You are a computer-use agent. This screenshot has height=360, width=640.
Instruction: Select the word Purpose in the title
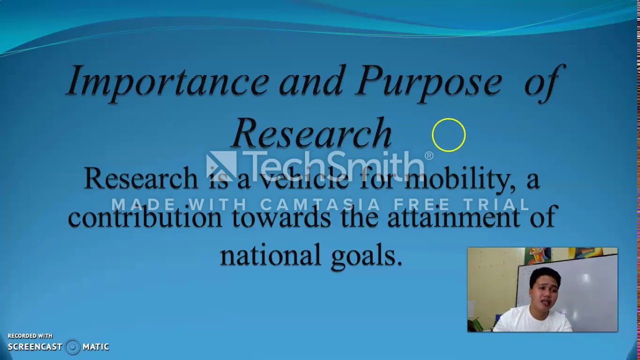point(428,81)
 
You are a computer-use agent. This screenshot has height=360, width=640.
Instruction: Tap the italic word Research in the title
point(311,133)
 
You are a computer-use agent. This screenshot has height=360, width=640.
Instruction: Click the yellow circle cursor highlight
point(448,135)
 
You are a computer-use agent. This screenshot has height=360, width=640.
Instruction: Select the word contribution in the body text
point(145,217)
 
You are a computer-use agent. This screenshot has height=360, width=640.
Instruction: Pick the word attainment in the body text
point(453,217)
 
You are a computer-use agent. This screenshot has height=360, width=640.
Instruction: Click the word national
point(263,255)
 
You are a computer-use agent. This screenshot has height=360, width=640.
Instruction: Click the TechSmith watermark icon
point(221,165)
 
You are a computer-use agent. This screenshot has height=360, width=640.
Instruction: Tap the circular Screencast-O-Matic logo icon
point(72,346)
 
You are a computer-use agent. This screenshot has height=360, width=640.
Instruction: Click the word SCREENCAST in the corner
point(35,346)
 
